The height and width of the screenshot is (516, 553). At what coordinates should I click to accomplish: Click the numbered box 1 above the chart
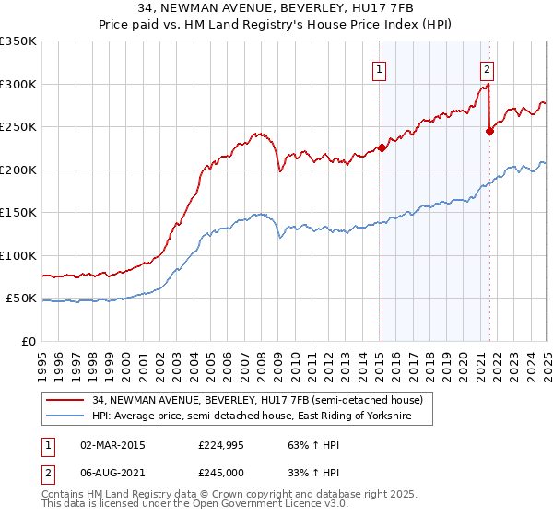pos(380,67)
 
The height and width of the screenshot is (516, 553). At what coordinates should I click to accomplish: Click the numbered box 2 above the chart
pos(486,67)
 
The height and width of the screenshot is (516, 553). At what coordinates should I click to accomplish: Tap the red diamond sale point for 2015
pos(381,147)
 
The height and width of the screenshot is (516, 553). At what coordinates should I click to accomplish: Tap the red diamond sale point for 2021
pos(489,131)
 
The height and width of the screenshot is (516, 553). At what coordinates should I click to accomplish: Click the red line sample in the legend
pos(65,400)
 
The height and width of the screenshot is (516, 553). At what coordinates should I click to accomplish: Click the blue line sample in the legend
pos(65,416)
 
